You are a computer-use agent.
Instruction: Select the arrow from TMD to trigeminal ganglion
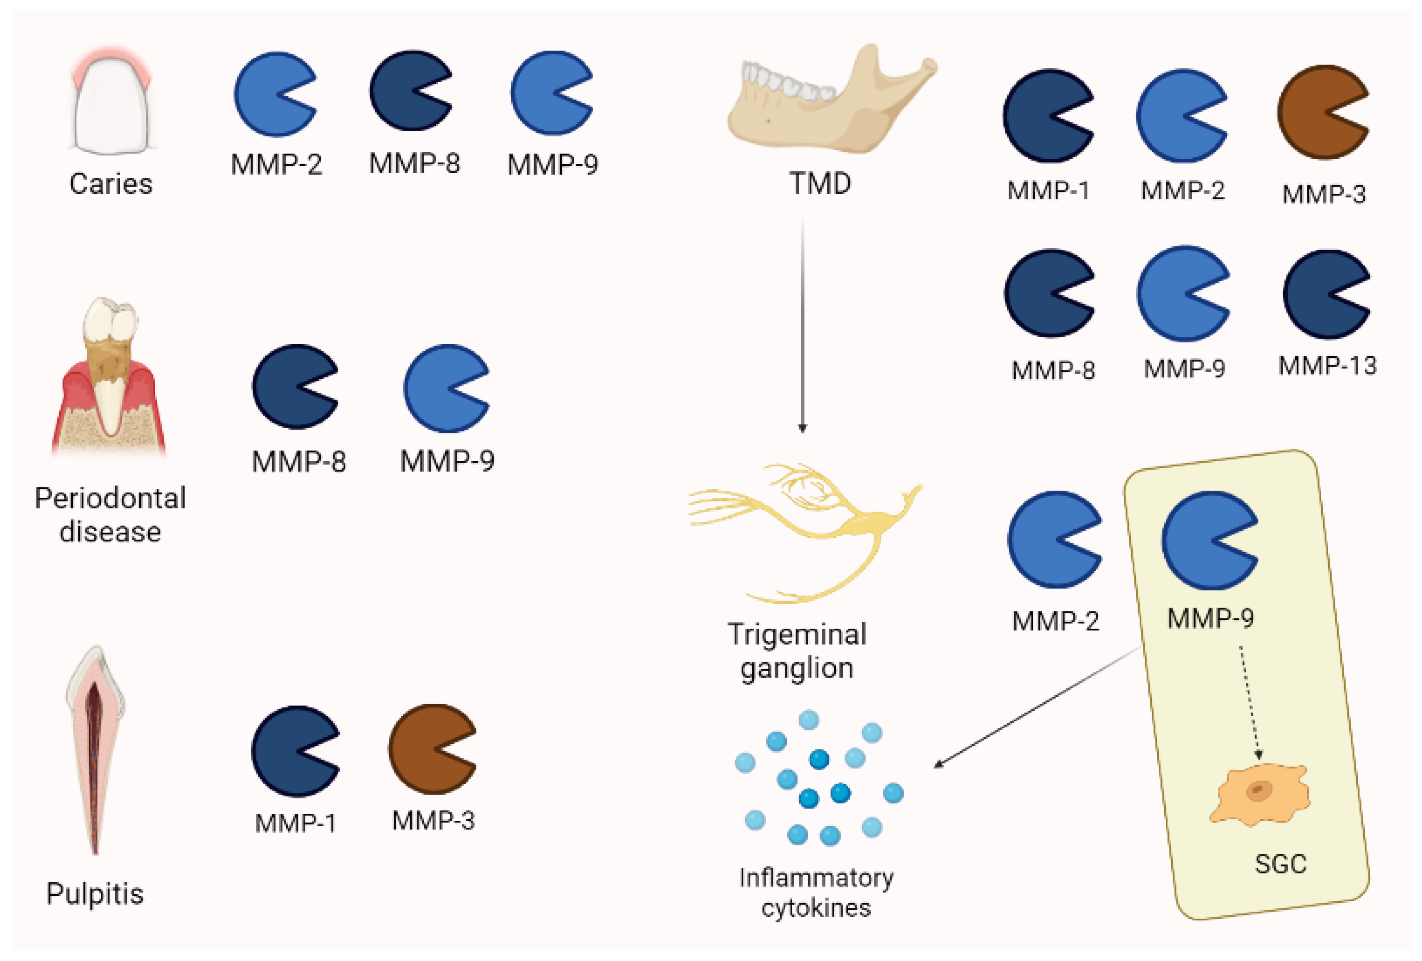(802, 324)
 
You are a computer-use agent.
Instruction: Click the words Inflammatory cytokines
(815, 893)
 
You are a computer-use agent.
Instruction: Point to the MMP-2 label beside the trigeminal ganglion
(1055, 621)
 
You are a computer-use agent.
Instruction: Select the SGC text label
(1281, 864)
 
